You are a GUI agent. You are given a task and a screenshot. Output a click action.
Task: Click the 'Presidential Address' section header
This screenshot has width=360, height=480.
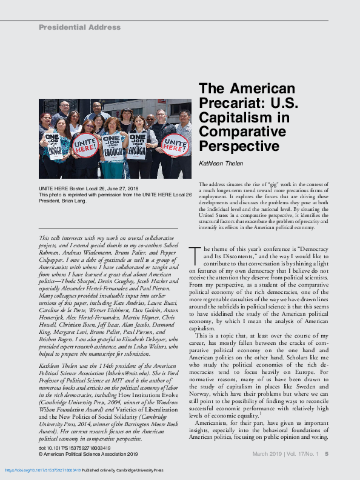(79, 27)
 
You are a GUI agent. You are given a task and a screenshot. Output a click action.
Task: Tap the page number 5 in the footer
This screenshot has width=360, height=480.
(327, 453)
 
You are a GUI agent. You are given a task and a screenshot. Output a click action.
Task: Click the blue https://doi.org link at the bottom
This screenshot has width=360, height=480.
(42, 470)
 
